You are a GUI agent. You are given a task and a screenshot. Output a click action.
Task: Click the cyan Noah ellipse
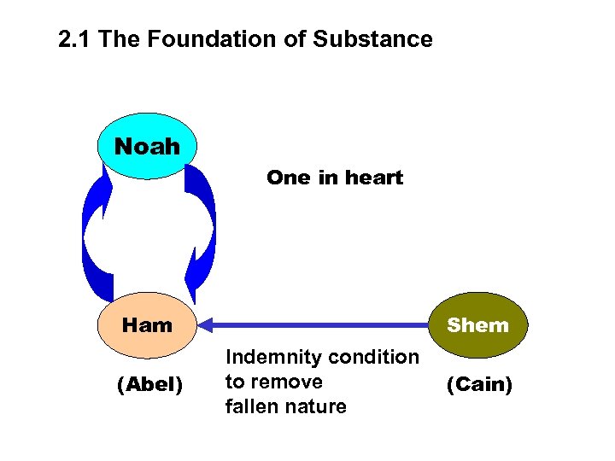point(148,146)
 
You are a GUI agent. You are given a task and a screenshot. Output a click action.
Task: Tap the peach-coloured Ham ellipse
point(148,325)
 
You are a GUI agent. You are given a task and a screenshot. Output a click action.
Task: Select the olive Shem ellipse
point(477,325)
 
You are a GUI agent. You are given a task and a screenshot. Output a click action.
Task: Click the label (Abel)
point(149,386)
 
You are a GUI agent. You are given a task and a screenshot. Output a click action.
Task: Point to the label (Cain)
point(479,386)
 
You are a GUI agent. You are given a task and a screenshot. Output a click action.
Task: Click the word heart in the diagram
point(370,178)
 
